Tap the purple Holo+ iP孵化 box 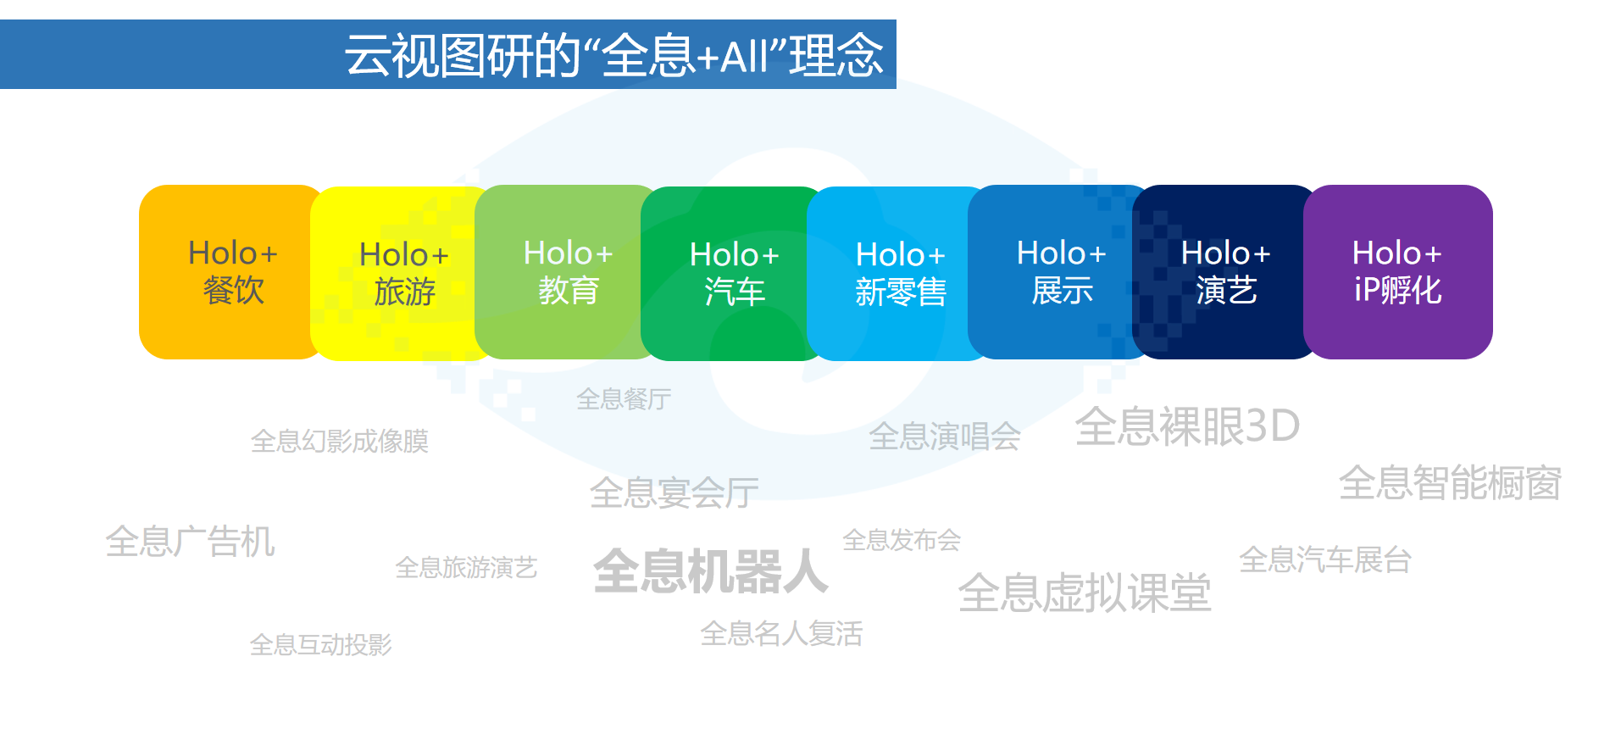(x=1398, y=272)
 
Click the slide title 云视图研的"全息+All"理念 (x=614, y=55)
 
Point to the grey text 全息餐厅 (x=624, y=398)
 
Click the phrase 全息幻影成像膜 (x=340, y=441)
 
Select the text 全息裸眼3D (x=1187, y=426)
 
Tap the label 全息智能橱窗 (x=1450, y=483)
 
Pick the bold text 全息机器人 (x=710, y=571)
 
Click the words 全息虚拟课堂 (x=1085, y=593)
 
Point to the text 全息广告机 (x=190, y=542)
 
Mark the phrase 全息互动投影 (x=320, y=645)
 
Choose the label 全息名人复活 (x=781, y=633)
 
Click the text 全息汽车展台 (x=1325, y=560)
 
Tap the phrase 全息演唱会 (x=945, y=437)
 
